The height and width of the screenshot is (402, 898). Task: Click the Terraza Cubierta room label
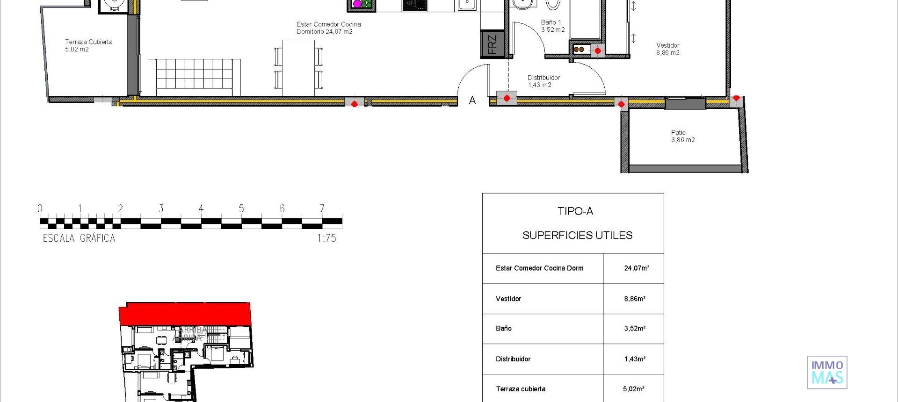point(88,45)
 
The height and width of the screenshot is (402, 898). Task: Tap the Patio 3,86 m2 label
point(682,136)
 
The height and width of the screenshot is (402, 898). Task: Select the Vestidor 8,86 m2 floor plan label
point(667,49)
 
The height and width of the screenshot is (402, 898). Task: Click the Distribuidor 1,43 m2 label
point(543,81)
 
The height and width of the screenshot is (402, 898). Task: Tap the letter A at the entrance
point(472,100)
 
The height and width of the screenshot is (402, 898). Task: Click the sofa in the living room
point(194,77)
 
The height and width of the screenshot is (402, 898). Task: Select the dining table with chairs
point(298,67)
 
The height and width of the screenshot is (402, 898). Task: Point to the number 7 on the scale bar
point(322,208)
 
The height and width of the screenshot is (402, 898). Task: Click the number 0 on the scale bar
point(40,208)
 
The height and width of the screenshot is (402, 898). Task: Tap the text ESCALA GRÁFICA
point(79,238)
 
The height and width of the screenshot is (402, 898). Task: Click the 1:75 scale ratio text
point(326,238)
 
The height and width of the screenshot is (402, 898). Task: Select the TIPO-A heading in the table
point(575,211)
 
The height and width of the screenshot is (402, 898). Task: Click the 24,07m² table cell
point(636,268)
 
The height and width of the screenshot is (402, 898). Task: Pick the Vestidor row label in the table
point(508,299)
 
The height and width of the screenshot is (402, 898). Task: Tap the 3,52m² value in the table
point(634,329)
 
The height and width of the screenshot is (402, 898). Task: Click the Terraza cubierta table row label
point(520,389)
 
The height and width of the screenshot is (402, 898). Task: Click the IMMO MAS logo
point(827,373)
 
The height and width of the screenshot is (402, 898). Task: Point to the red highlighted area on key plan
point(185,314)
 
